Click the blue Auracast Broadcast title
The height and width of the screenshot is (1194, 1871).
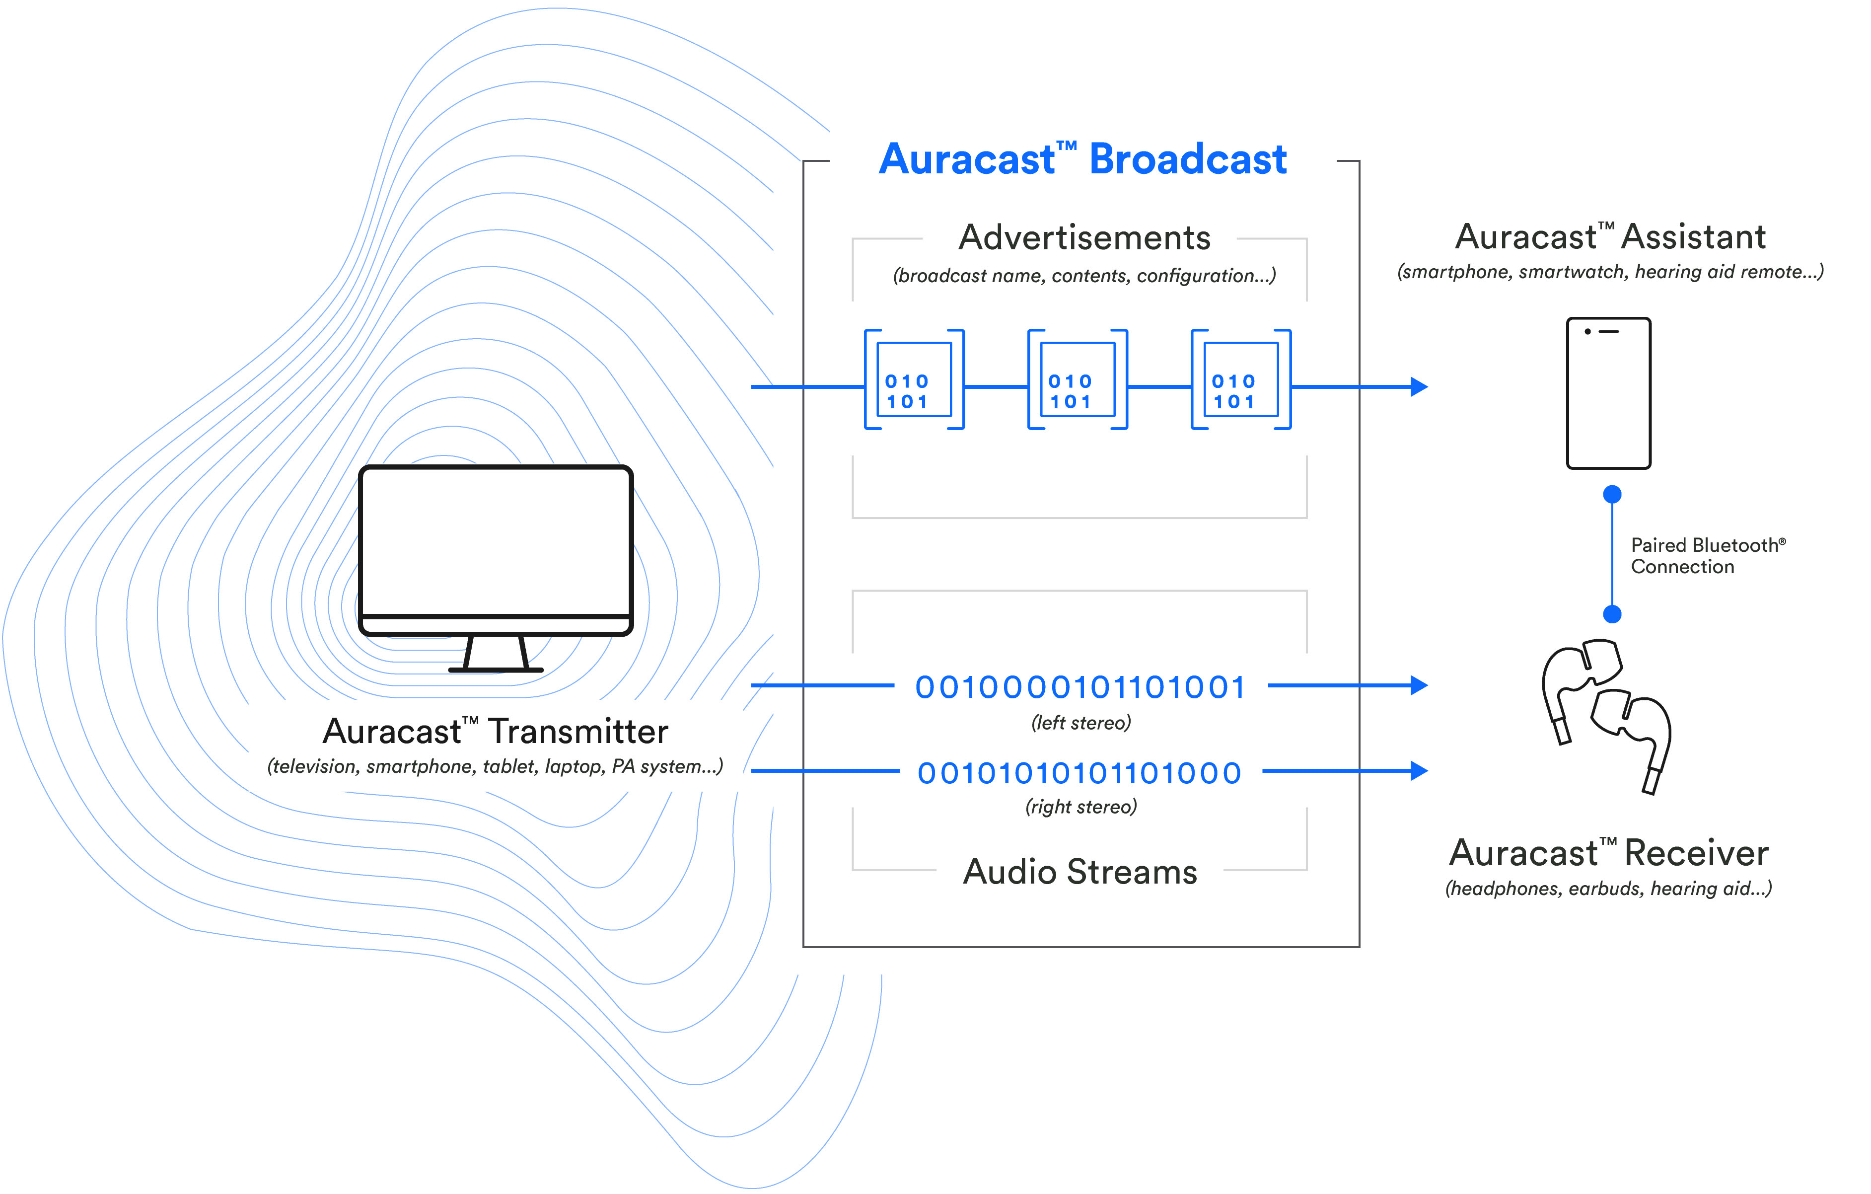pyautogui.click(x=1082, y=160)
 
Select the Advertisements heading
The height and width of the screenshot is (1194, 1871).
pyautogui.click(x=1084, y=238)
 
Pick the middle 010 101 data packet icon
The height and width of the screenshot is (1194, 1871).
pyautogui.click(x=1078, y=380)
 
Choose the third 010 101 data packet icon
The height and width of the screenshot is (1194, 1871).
pyautogui.click(x=1241, y=380)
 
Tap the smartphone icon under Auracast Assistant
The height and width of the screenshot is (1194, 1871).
pyautogui.click(x=1608, y=393)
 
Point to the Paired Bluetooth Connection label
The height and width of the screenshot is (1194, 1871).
pyautogui.click(x=1707, y=556)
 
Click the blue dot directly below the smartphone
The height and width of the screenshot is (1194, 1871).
pyautogui.click(x=1612, y=494)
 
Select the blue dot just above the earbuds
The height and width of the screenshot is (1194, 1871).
pyautogui.click(x=1612, y=614)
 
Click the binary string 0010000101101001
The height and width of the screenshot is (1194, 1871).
pyautogui.click(x=1080, y=687)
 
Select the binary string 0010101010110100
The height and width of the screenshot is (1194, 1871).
pyautogui.click(x=1080, y=773)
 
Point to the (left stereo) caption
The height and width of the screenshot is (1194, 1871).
pyautogui.click(x=1081, y=723)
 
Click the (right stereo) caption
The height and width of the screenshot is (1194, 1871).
pyautogui.click(x=1081, y=807)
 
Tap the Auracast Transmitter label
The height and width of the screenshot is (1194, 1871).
pyautogui.click(x=495, y=732)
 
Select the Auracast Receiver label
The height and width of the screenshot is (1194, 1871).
pyautogui.click(x=1608, y=853)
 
